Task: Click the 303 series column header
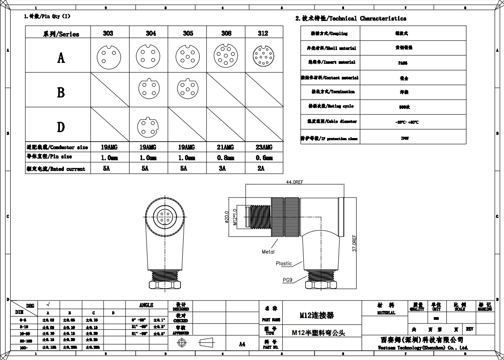click(108, 33)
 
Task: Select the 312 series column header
click(263, 33)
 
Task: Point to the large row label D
click(61, 127)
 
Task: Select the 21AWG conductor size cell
click(225, 147)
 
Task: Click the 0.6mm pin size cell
click(264, 158)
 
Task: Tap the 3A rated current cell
click(222, 168)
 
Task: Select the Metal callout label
click(268, 252)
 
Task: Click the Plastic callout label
click(284, 264)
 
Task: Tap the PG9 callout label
click(287, 280)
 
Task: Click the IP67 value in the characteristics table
click(404, 138)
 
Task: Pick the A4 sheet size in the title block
click(242, 344)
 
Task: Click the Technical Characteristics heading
click(351, 18)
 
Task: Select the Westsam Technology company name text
click(423, 347)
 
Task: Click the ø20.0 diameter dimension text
click(227, 217)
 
